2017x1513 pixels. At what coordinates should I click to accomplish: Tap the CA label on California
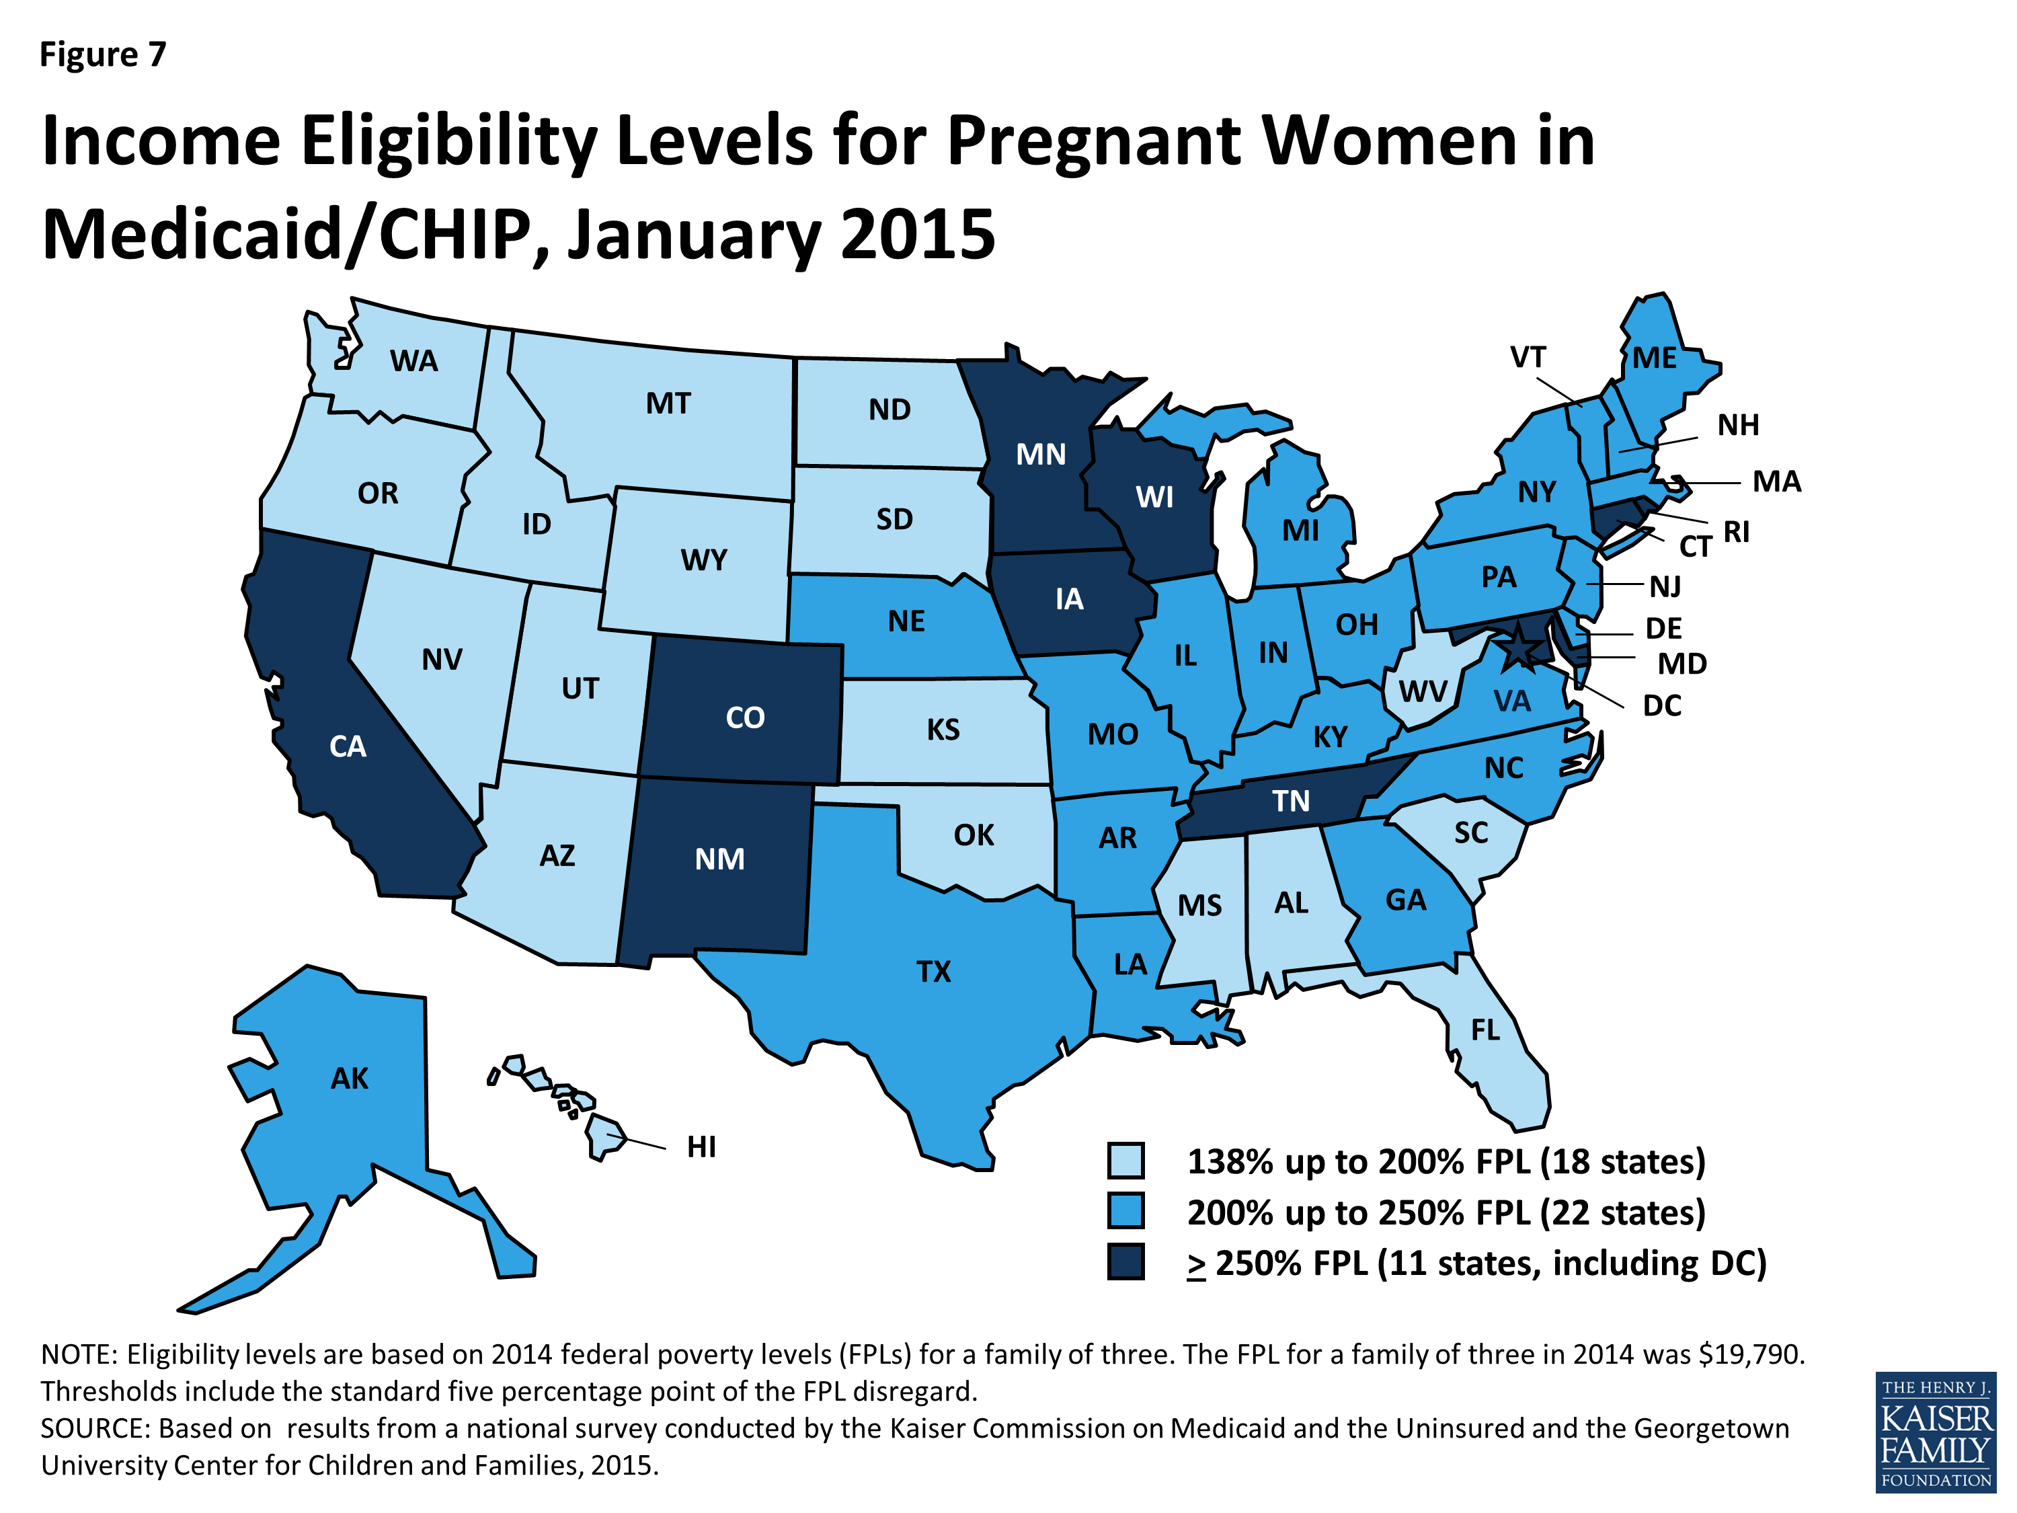click(x=348, y=747)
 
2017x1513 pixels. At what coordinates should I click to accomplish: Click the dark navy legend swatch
click(x=1126, y=1263)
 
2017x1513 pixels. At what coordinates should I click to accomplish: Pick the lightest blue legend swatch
click(x=1126, y=1161)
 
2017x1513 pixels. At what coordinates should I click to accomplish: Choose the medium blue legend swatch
click(x=1126, y=1212)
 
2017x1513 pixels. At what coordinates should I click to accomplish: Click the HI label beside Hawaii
click(x=701, y=1147)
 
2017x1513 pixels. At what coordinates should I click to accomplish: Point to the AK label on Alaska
click(x=349, y=1079)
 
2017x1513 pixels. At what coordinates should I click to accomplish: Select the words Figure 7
click(x=103, y=54)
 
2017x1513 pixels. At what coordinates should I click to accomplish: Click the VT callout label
click(x=1528, y=358)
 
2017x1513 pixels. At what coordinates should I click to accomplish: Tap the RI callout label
click(x=1736, y=532)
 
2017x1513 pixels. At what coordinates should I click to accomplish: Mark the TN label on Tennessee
click(x=1290, y=801)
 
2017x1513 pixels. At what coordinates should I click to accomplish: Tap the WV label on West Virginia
click(x=1423, y=691)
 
